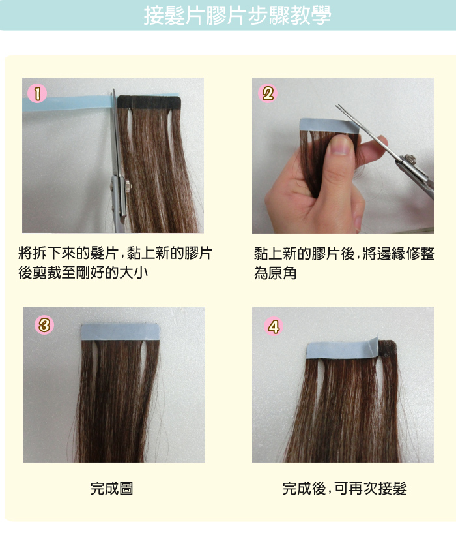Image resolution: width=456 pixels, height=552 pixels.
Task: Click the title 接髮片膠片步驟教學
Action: coord(237,16)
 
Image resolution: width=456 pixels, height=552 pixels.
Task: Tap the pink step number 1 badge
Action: coord(37,94)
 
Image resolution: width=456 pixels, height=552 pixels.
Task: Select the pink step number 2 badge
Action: coord(268,94)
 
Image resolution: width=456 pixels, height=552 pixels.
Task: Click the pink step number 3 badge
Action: coord(44,324)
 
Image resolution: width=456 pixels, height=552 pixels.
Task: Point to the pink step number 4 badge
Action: coord(274,326)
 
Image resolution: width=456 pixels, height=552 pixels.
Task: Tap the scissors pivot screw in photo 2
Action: coord(410,159)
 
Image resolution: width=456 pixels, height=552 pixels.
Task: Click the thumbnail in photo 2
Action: coord(341,144)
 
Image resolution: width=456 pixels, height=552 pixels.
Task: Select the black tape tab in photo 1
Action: coord(149,102)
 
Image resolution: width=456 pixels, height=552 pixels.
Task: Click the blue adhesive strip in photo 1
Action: coord(67,104)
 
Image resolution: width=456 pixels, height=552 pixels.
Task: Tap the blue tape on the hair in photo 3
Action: coord(121,332)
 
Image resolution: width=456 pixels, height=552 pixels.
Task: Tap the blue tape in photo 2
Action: coord(329,126)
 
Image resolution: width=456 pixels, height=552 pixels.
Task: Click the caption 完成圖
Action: coord(112,489)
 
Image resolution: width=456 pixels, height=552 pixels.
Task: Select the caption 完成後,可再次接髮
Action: coord(345,489)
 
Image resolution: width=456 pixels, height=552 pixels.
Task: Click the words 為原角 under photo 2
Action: coord(276,273)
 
